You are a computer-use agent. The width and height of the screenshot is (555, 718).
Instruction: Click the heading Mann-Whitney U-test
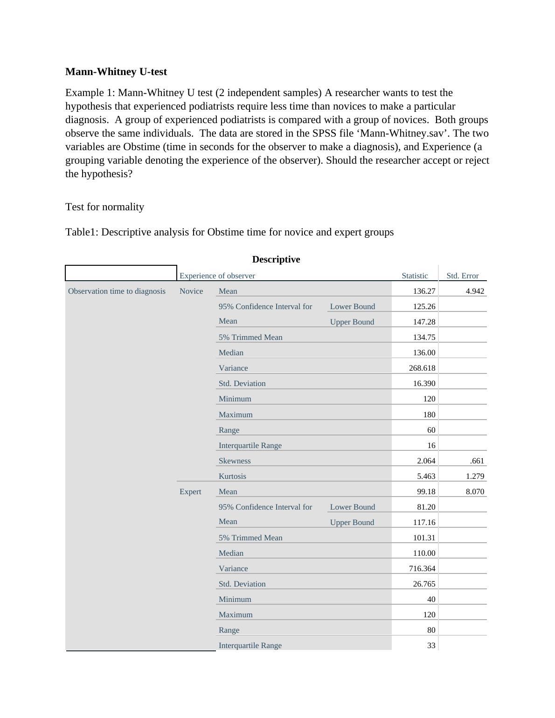(116, 72)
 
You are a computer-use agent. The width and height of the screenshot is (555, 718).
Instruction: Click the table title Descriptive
(276, 259)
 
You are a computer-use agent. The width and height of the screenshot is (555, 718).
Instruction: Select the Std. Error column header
(462, 276)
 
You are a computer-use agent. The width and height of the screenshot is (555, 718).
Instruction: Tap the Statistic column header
(415, 276)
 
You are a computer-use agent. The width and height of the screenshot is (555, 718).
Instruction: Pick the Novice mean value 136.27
(424, 291)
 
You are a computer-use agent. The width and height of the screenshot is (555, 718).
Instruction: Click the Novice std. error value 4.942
(475, 291)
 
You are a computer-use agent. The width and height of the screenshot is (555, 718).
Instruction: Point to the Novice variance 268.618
(422, 368)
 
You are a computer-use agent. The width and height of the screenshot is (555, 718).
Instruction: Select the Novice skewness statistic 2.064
(426, 461)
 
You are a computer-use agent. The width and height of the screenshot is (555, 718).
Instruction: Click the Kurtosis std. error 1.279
(475, 476)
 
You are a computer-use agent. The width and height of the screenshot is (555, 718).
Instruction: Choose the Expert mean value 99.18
(426, 491)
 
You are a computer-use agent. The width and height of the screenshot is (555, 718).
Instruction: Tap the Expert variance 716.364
(422, 568)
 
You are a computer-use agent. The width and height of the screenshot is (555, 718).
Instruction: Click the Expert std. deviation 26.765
(424, 584)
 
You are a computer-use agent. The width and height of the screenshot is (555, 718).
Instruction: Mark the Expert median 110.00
(424, 553)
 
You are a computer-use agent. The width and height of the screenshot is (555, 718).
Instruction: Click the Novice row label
(191, 291)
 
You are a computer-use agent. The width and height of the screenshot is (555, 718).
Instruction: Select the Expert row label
(190, 491)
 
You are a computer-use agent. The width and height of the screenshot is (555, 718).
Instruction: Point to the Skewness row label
(235, 461)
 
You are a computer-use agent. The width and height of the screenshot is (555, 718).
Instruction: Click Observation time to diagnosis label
(117, 291)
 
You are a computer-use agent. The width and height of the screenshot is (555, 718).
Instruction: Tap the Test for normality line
(104, 207)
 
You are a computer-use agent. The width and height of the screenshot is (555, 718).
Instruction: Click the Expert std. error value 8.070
(475, 491)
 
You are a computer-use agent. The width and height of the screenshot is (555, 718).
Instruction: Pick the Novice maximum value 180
(429, 414)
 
